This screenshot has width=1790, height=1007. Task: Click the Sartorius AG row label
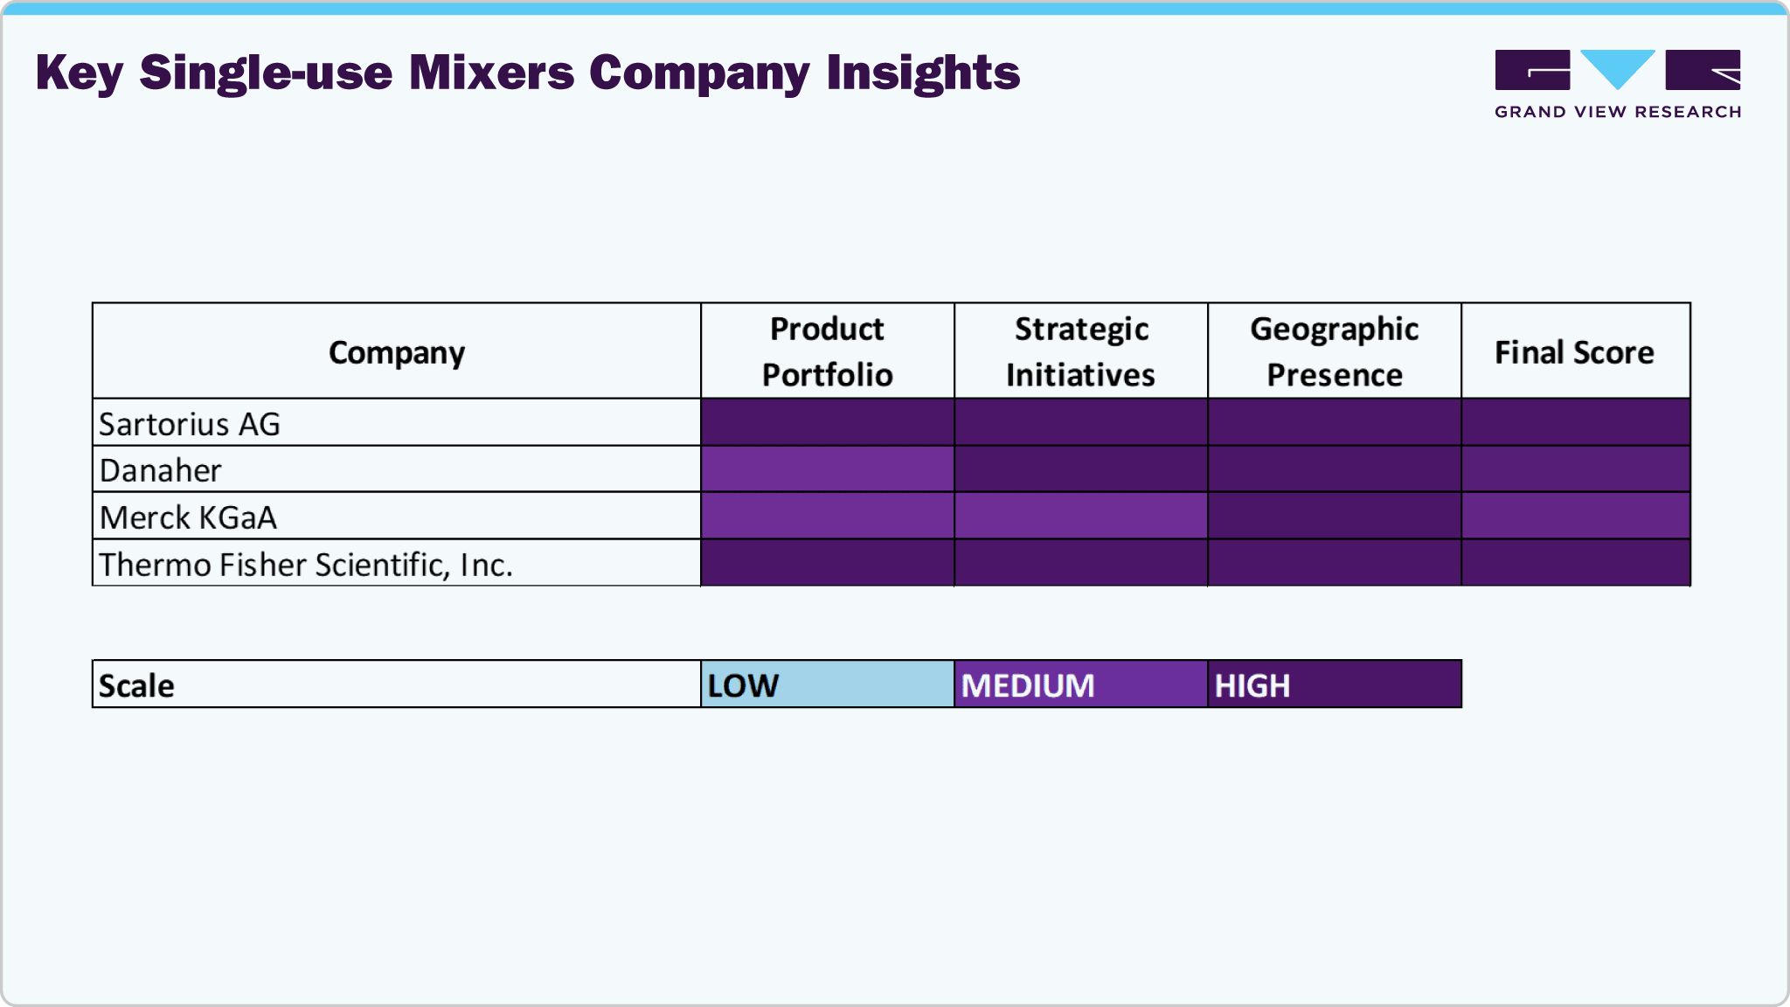pyautogui.click(x=190, y=424)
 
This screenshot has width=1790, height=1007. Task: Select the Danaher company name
pyautogui.click(x=161, y=470)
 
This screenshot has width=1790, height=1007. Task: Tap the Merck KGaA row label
pyautogui.click(x=188, y=517)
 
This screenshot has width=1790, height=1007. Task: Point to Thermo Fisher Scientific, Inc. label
pyautogui.click(x=306, y=565)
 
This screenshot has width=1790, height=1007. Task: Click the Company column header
pyautogui.click(x=397, y=352)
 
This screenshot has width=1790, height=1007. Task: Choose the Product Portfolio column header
pyautogui.click(x=827, y=351)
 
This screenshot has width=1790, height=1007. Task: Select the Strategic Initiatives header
pyautogui.click(x=1080, y=351)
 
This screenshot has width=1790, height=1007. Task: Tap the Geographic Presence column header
pyautogui.click(x=1334, y=351)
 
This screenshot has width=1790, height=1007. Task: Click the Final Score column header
pyautogui.click(x=1574, y=352)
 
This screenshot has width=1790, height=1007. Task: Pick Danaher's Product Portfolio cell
pyautogui.click(x=827, y=469)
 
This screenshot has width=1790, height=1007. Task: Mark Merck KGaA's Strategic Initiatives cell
pyautogui.click(x=1080, y=516)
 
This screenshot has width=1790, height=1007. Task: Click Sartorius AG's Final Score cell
pyautogui.click(x=1575, y=422)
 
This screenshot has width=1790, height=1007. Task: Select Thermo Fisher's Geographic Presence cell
pyautogui.click(x=1334, y=563)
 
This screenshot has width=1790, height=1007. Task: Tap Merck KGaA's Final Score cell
pyautogui.click(x=1575, y=516)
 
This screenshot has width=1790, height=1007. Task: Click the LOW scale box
pyautogui.click(x=827, y=684)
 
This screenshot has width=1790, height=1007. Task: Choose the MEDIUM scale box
pyautogui.click(x=1080, y=684)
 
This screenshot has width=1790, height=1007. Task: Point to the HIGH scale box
pyautogui.click(x=1334, y=684)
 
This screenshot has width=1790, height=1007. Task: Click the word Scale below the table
pyautogui.click(x=136, y=686)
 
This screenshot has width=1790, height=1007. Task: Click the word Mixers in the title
pyautogui.click(x=491, y=73)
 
